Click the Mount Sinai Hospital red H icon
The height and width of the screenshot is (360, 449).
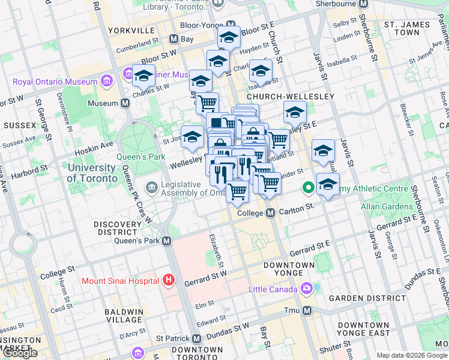169,280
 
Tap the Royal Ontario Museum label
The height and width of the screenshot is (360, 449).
56,82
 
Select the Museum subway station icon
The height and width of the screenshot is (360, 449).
125,103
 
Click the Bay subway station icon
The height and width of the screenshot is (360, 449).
173,39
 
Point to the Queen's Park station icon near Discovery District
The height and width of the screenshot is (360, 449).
167,241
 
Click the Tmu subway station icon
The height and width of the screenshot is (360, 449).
307,310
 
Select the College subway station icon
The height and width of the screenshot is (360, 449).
270,213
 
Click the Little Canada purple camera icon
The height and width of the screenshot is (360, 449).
307,289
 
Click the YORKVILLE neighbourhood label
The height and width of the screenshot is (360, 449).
131,29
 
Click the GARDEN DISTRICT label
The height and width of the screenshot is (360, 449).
363,298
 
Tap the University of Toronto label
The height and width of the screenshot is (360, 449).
92,173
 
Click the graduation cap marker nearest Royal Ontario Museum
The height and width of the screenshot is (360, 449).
143,77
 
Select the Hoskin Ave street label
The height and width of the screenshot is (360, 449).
98,145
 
